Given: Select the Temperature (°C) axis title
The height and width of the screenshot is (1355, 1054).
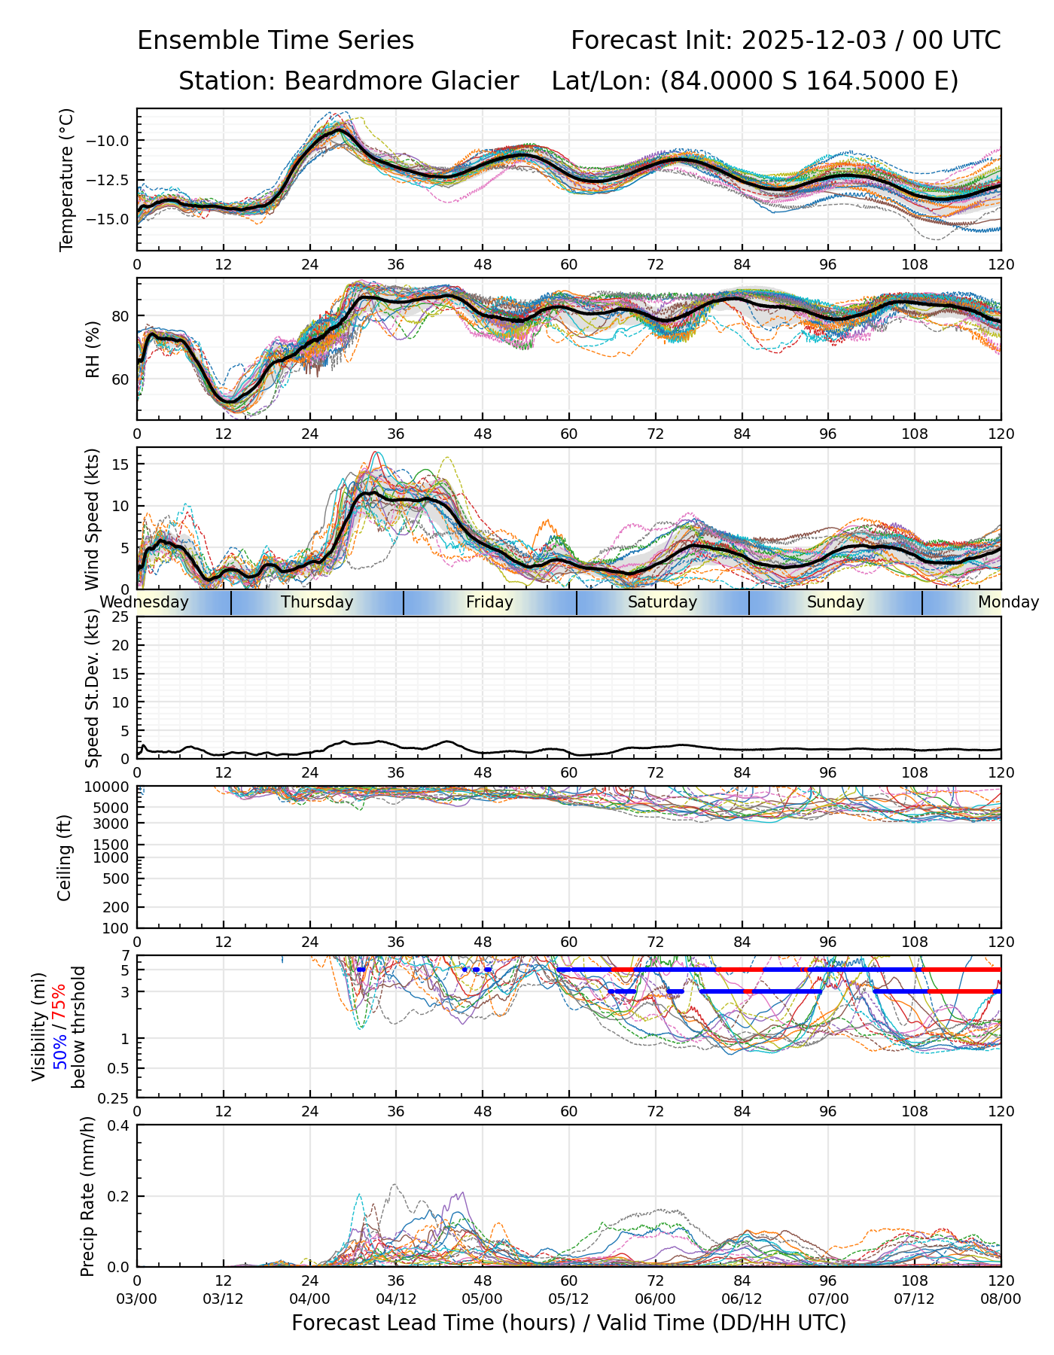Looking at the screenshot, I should pos(67,179).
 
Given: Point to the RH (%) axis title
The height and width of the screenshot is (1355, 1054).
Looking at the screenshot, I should pos(93,349).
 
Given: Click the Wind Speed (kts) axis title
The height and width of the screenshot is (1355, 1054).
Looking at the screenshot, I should pos(93,519).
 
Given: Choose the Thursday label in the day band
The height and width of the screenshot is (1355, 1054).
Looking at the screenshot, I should pos(317,602).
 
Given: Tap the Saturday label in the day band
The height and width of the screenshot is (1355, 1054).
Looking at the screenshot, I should pos(663,602).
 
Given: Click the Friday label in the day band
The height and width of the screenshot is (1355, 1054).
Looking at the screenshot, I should pos(489,602).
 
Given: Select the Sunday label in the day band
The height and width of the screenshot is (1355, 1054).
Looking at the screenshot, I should pos(835,602).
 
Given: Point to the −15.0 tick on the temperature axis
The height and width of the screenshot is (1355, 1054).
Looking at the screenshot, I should pos(108,219).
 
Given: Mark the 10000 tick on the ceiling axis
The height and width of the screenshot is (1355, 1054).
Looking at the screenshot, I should pos(107,787).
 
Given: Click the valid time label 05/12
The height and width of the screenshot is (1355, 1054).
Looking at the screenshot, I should pos(569,1299).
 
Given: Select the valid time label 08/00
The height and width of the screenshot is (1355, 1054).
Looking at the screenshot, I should pos(1001,1299).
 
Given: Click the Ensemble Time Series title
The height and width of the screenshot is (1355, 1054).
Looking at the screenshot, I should pos(276,40).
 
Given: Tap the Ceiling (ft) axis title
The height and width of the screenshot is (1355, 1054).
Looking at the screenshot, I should pos(65,857).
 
